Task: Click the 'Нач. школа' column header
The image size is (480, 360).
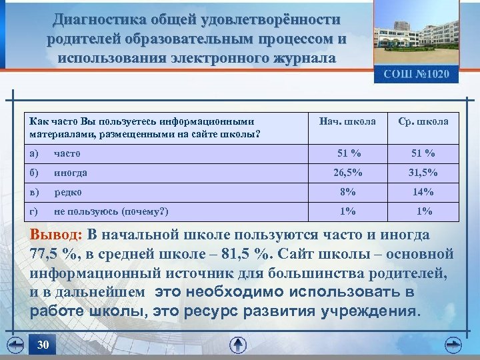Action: coord(347,122)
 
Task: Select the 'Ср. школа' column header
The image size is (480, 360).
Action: coord(423,122)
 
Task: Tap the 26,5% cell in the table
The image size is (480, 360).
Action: coord(348,173)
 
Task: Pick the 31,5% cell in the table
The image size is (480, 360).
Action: coord(423,173)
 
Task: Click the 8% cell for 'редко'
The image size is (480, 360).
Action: coord(347,192)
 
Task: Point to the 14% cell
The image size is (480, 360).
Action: coord(423,192)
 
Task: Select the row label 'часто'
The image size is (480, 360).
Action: coord(67,153)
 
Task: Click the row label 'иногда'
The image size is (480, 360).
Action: coord(70,173)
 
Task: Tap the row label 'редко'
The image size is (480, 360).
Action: coord(68,192)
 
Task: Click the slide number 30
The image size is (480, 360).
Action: coord(43,345)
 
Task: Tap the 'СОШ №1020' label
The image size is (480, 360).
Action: coord(421,74)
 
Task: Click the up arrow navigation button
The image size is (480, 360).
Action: coord(238,345)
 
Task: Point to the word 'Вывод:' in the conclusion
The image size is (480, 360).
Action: coord(56,235)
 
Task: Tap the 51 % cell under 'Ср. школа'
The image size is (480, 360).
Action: coord(423,153)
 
